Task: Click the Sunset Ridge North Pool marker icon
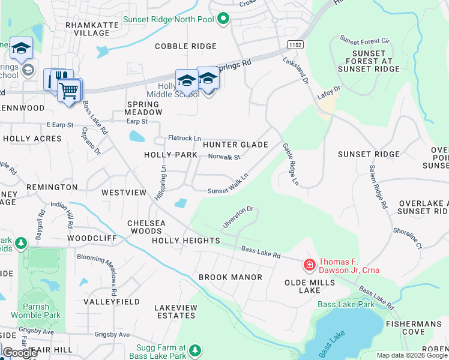pos(224,19)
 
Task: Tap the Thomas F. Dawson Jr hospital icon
pos(309,264)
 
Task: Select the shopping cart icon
pos(70,91)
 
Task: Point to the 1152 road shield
pos(294,45)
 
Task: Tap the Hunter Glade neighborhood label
pos(235,145)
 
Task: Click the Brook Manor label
pos(231,277)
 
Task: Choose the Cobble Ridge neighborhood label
pos(185,46)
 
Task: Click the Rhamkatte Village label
pos(88,29)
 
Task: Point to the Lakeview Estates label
pos(176,311)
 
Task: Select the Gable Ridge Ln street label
pos(290,163)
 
